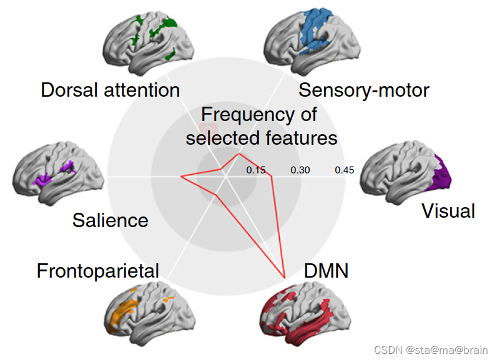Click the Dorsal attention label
tap(110, 90)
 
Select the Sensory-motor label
tap(363, 90)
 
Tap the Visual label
tap(448, 211)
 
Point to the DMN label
tap(325, 271)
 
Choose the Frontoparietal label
tap(97, 271)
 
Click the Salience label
tap(110, 220)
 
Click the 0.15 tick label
tap(256, 170)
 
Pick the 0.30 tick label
tap(300, 170)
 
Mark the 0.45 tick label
tap(344, 170)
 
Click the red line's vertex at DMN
tap(285, 277)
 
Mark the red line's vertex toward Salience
tap(181, 177)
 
